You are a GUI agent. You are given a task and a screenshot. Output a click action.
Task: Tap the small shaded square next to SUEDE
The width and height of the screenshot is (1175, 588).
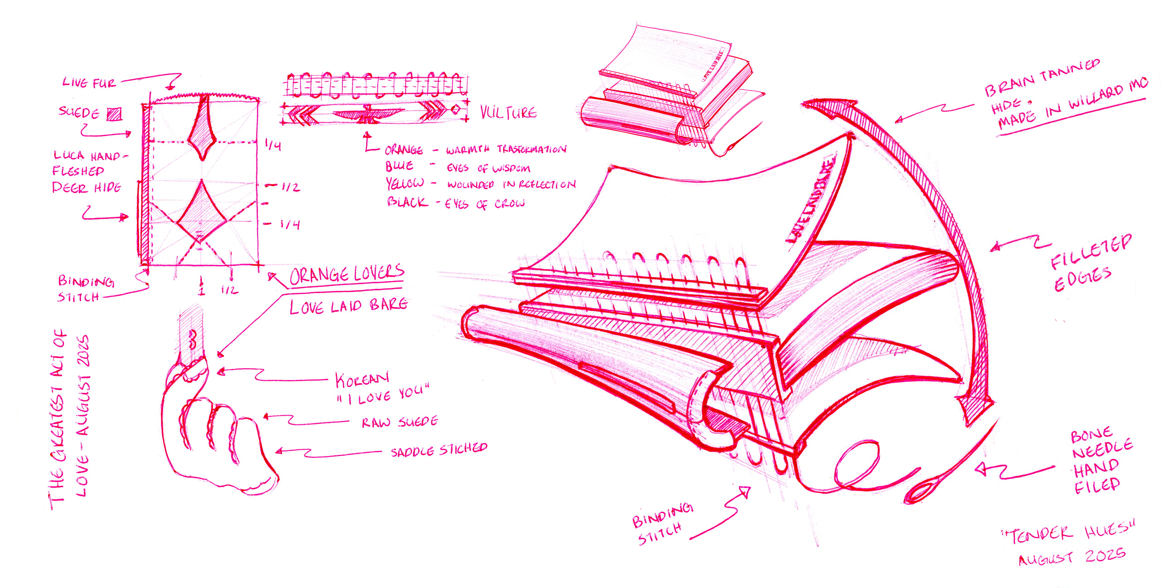(x=114, y=114)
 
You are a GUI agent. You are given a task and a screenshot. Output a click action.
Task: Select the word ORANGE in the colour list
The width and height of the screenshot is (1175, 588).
(x=404, y=150)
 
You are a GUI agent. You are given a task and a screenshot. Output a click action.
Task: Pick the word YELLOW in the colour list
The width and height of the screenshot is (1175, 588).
(x=405, y=183)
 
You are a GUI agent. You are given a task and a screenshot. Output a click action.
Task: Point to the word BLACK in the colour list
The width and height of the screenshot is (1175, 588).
(x=407, y=202)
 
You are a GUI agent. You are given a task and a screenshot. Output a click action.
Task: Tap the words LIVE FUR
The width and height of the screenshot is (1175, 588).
(x=89, y=83)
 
